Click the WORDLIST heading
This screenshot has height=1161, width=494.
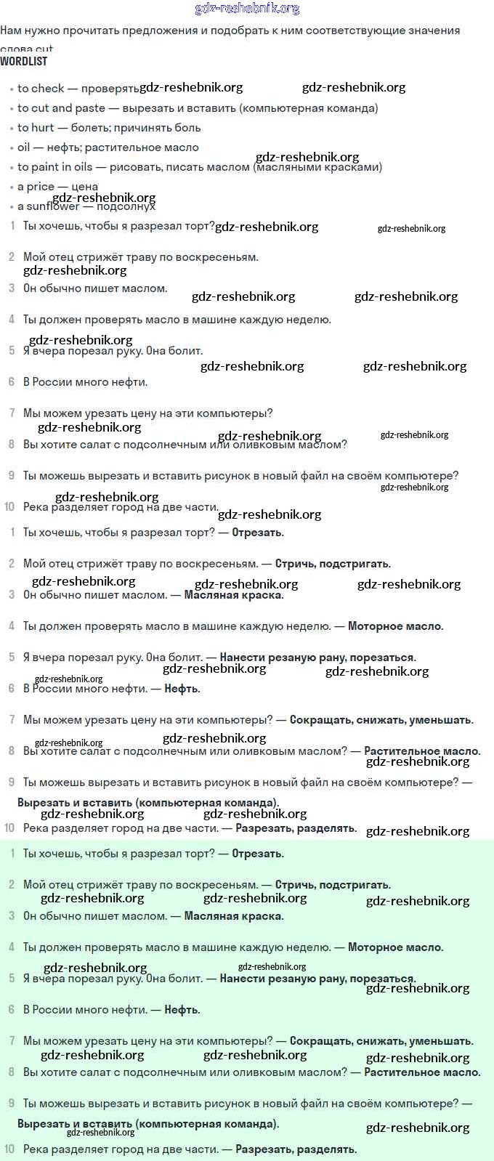click(24, 62)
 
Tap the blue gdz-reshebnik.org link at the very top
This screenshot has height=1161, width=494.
click(247, 9)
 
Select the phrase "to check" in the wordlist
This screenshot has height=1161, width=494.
click(41, 89)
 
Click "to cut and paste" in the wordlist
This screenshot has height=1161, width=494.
click(61, 108)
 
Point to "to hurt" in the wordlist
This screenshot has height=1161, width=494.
click(36, 128)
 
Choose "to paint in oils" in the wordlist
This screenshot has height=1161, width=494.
click(55, 167)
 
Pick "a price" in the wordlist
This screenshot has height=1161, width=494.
click(36, 187)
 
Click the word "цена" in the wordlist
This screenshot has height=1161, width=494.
click(85, 187)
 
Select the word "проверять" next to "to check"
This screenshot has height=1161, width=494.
click(110, 89)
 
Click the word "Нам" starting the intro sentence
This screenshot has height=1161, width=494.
click(11, 31)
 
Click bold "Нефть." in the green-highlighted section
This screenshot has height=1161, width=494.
click(182, 1010)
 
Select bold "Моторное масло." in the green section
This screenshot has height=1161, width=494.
click(395, 947)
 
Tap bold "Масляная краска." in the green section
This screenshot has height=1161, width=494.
click(234, 916)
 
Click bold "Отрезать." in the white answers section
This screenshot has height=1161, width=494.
click(257, 533)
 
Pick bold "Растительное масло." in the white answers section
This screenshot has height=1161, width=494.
click(422, 751)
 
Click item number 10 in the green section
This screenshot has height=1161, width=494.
click(9, 1149)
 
